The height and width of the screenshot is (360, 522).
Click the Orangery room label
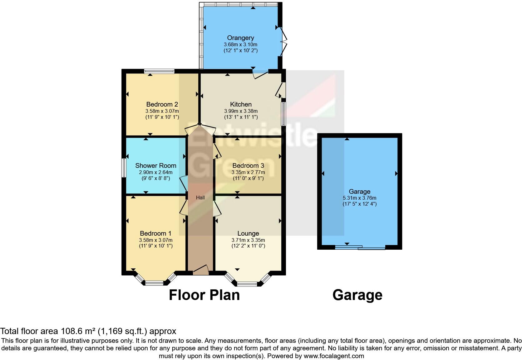(240, 38)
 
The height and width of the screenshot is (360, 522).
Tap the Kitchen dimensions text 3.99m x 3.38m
(241, 111)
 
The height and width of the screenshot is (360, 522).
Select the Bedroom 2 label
(162, 104)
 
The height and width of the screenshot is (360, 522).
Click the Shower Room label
(155, 166)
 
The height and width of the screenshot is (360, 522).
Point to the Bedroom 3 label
(248, 166)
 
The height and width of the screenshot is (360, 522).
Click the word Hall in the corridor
(200, 197)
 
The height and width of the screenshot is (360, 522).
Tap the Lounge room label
(248, 233)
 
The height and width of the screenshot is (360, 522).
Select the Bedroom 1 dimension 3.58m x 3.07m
(155, 240)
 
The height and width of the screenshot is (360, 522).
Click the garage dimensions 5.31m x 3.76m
(359, 198)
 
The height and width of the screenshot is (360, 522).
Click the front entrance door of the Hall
(201, 270)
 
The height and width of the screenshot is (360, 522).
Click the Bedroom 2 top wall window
(159, 71)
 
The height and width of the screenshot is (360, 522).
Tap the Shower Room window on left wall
(124, 168)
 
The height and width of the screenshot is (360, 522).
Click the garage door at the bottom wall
(360, 248)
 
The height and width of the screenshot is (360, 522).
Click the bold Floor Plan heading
(204, 295)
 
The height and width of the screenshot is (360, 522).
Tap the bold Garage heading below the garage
(357, 295)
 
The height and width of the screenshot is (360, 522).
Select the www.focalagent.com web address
(333, 356)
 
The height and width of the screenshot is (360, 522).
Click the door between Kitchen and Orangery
(260, 73)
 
